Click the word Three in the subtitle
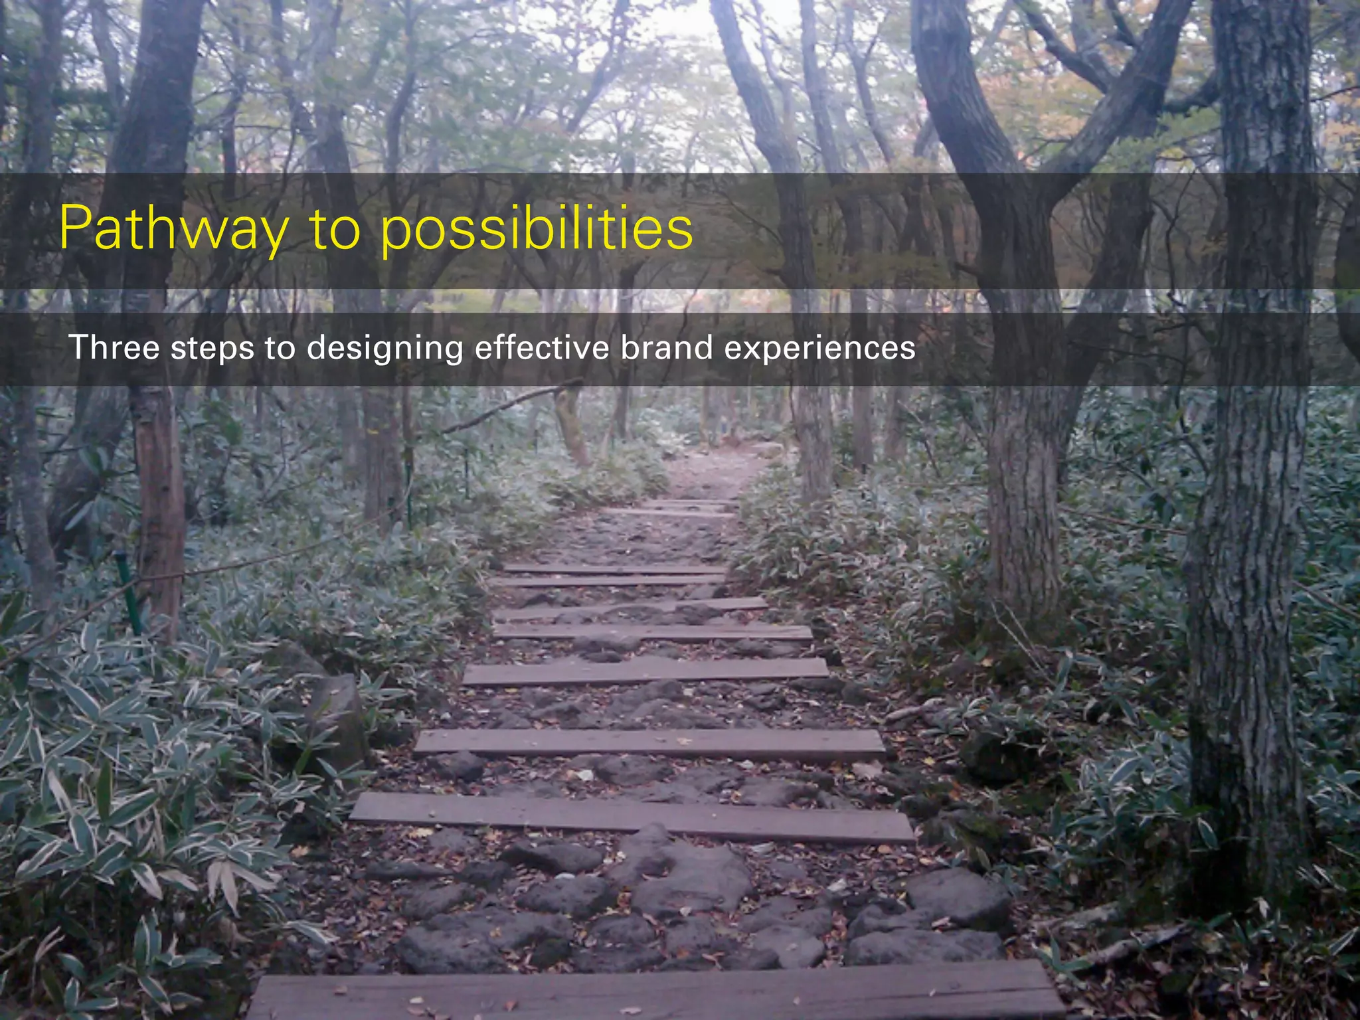(x=114, y=347)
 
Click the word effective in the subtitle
(x=541, y=347)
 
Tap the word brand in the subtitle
(x=666, y=347)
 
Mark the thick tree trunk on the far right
(x=1248, y=598)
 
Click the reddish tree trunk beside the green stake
(x=159, y=505)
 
